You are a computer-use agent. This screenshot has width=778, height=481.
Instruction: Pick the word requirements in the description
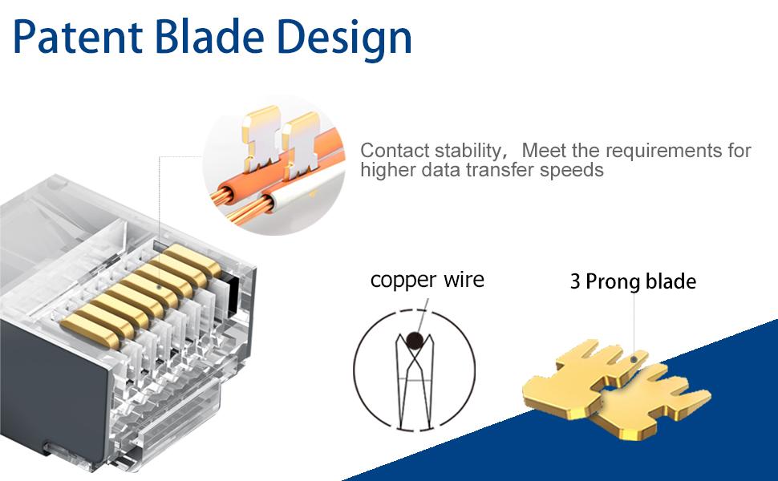(658, 151)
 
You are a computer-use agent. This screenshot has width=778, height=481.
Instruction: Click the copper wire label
(427, 280)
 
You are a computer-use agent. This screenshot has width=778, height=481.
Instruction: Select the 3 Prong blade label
(633, 281)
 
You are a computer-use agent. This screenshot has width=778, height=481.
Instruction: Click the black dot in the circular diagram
(415, 342)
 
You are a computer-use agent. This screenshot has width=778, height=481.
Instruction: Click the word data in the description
(450, 170)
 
